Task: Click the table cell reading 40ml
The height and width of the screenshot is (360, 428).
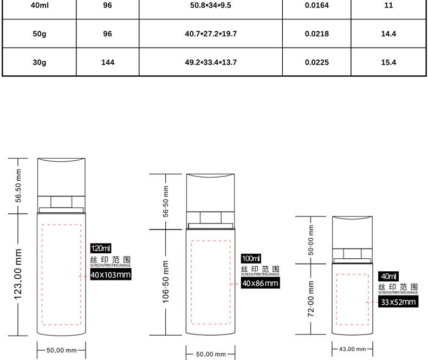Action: point(40,5)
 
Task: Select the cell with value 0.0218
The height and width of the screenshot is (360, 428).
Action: point(316,34)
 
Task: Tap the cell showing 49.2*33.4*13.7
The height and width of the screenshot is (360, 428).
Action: point(211,62)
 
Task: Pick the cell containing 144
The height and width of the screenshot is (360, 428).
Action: point(108,62)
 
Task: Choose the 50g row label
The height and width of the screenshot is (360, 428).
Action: point(40,34)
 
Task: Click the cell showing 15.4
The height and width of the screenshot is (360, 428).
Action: point(388,62)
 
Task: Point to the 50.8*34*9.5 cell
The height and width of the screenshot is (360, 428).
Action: point(211,5)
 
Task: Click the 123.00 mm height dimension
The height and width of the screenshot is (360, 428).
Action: point(18,274)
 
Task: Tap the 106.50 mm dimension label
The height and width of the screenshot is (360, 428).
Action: point(166,282)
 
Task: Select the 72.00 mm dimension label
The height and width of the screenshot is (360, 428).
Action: point(311,299)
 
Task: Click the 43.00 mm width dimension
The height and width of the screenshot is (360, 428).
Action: point(352,349)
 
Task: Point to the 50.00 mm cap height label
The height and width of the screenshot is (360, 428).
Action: point(311,240)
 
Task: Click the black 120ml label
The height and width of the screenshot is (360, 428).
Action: point(101,248)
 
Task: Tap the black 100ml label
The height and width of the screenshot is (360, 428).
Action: point(251,258)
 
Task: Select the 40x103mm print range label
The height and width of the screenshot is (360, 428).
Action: point(111,274)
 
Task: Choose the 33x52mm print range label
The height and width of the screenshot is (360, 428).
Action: point(398,302)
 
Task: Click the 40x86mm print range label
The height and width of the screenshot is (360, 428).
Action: point(261,283)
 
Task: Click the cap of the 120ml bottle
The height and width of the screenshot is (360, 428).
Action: point(61,176)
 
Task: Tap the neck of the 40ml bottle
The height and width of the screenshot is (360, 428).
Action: point(352,254)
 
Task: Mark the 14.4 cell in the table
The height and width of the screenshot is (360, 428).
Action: point(388,34)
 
